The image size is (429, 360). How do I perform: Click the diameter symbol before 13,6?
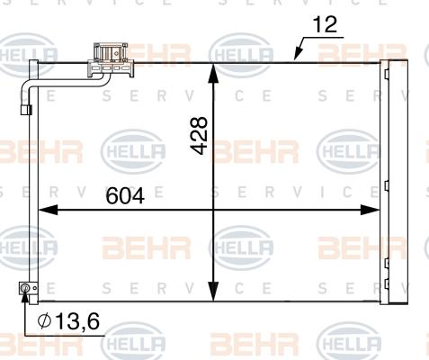click(43, 321)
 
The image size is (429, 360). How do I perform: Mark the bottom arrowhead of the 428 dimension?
click(213, 294)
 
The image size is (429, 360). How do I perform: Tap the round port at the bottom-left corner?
click(26, 289)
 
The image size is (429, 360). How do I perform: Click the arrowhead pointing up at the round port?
click(26, 300)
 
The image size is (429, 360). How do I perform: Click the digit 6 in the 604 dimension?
click(113, 194)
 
